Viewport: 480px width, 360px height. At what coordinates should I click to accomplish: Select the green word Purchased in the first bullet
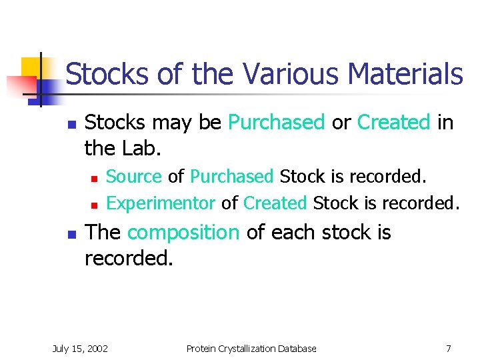276,123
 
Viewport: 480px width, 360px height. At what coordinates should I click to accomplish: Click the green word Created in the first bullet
394,123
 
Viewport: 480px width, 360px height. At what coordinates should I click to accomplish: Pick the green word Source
134,177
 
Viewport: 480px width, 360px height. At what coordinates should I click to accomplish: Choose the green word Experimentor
161,202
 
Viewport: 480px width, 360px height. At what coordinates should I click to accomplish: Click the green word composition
183,233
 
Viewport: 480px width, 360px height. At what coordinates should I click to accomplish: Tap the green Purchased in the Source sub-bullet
232,177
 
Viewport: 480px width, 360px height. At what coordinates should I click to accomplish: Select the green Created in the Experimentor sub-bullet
275,202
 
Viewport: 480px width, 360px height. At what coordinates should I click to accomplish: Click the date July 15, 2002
80,348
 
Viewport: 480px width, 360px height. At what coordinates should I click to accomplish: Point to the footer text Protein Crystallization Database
251,348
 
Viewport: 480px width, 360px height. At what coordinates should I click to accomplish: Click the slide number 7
449,348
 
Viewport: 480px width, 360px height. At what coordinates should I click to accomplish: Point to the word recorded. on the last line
129,257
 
